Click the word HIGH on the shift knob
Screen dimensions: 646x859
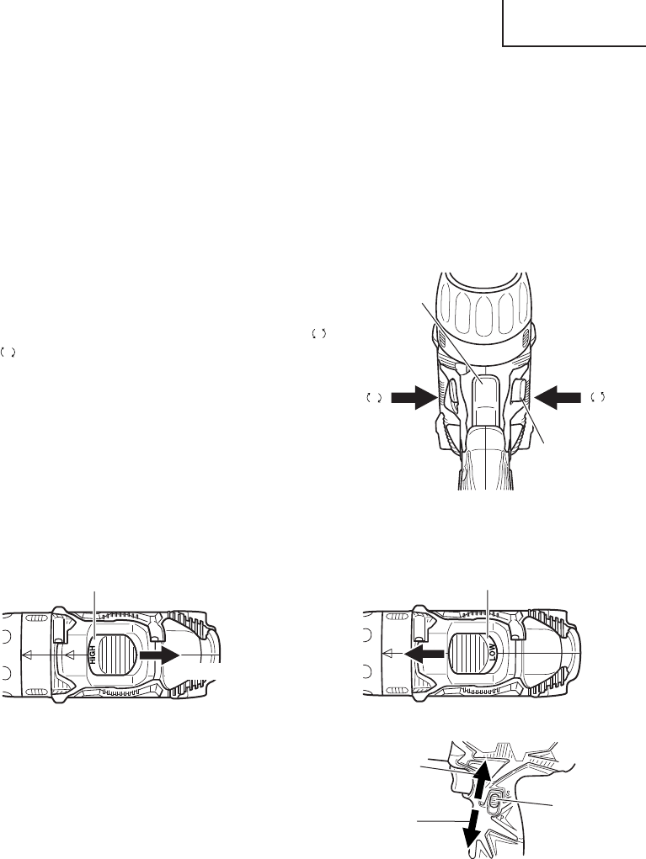point(92,655)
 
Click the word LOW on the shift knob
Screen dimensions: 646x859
point(493,652)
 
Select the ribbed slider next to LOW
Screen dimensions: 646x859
point(467,653)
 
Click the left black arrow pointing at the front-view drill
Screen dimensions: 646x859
point(414,396)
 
